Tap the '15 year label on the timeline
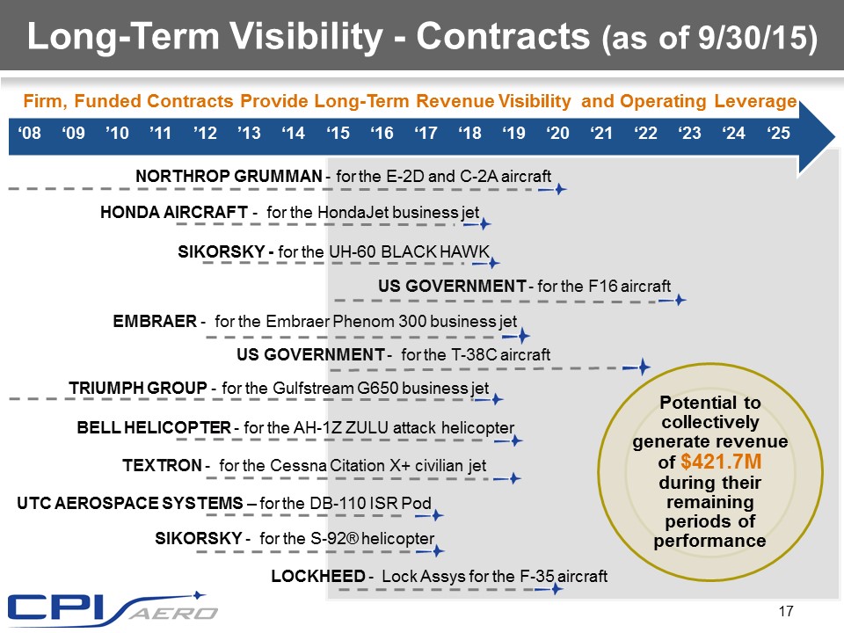[x=338, y=135]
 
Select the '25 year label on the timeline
[x=777, y=135]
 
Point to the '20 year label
[x=557, y=135]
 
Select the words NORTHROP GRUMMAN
[x=229, y=176]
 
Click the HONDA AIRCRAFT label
[x=174, y=212]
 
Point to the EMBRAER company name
[x=154, y=322]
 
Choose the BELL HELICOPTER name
[x=153, y=428]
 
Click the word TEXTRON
[x=161, y=465]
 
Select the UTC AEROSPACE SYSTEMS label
[x=127, y=503]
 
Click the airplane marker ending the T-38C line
[x=644, y=366]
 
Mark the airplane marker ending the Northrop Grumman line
[x=557, y=189]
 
